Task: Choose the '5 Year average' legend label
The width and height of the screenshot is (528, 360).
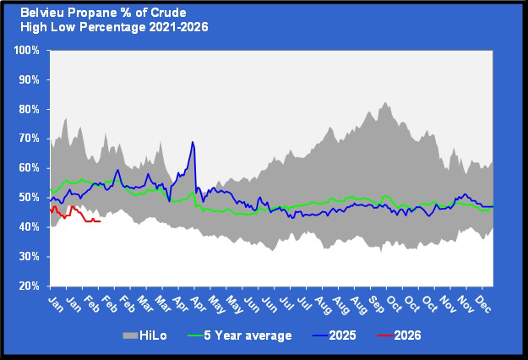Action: pos(252,335)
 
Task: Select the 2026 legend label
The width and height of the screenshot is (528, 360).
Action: pos(406,335)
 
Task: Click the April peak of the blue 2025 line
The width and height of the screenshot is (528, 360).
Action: pos(193,142)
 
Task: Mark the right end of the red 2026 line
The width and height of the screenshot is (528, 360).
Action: pos(101,221)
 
